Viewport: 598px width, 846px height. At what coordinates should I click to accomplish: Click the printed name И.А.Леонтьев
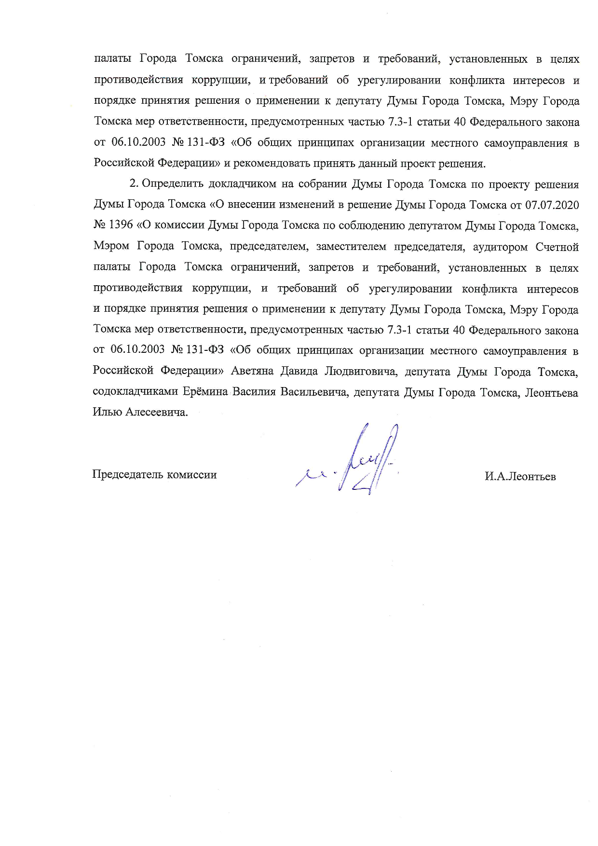tap(520, 477)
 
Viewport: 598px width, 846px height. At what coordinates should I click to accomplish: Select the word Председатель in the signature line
tap(128, 474)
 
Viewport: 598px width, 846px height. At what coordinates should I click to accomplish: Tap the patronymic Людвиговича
tap(361, 371)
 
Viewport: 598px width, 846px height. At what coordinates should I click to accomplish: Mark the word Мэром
tap(111, 247)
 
